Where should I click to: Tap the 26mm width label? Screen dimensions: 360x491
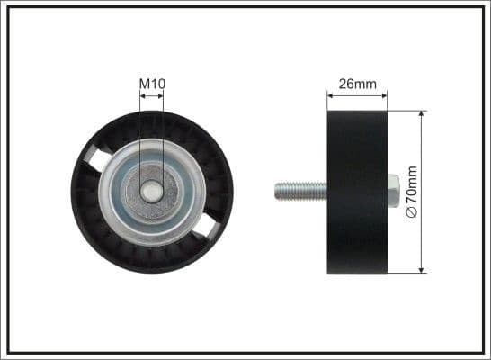[357, 84]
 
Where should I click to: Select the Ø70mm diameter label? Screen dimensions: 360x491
[413, 192]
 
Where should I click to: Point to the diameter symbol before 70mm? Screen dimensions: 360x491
[413, 211]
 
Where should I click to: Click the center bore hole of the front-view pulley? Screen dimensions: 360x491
[152, 192]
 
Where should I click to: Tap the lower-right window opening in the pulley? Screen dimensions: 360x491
[207, 226]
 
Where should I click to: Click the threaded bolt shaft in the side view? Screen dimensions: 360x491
[300, 191]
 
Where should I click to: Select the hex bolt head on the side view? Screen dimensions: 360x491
[393, 191]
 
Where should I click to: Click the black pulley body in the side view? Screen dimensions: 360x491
[357, 192]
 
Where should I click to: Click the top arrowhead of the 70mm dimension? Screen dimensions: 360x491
[421, 115]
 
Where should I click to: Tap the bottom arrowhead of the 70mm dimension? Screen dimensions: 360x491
[421, 268]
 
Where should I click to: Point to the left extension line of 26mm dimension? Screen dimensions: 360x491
[327, 101]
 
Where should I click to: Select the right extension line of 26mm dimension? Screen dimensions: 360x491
[387, 101]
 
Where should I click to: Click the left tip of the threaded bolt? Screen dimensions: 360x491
[276, 191]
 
